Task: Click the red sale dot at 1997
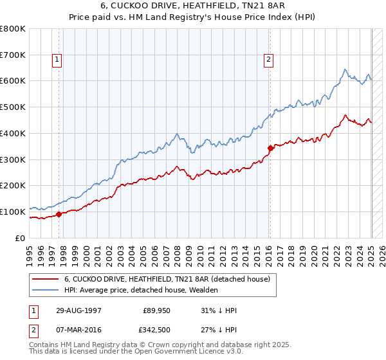click(x=59, y=214)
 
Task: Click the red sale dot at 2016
click(x=270, y=148)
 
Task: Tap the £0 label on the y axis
click(x=21, y=238)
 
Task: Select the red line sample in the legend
click(x=44, y=279)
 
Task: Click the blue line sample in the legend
click(x=44, y=290)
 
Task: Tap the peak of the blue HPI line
click(x=345, y=69)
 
